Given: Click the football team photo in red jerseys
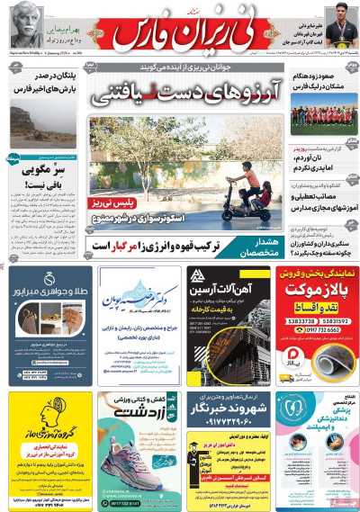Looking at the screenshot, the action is (x=323, y=117).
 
